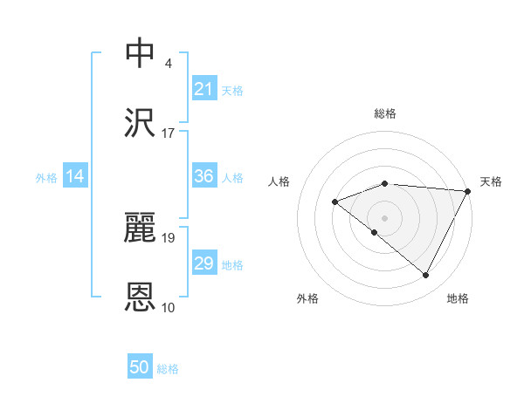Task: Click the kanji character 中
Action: (141, 51)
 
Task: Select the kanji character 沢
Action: (141, 124)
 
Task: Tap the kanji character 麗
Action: (141, 227)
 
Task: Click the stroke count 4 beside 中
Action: (169, 63)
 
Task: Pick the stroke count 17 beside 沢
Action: (169, 133)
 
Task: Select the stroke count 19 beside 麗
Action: (169, 237)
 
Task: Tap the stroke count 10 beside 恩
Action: (169, 308)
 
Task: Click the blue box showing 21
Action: (204, 89)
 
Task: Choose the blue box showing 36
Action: (204, 176)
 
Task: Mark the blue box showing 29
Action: (204, 263)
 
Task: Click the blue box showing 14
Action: (75, 177)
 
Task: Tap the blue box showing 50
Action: (140, 367)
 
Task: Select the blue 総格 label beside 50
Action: (168, 369)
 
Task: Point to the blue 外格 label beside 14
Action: (46, 178)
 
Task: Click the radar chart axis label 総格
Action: (385, 113)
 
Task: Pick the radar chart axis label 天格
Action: (491, 181)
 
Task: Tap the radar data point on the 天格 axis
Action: (468, 191)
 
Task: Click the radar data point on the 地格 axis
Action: (426, 276)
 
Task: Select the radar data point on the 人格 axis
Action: (334, 202)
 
